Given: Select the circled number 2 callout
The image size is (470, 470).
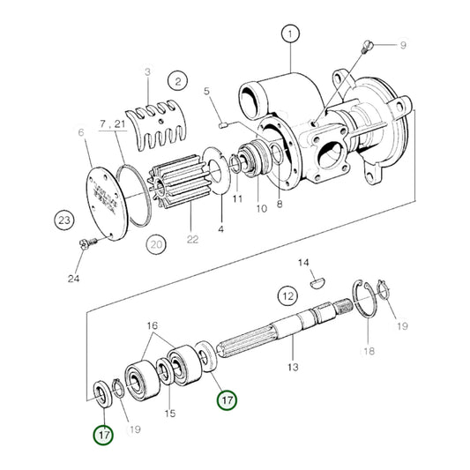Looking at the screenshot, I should click(178, 82).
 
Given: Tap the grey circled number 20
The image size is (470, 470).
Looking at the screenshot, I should click(156, 242).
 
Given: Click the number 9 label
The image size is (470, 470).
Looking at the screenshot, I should click(403, 43).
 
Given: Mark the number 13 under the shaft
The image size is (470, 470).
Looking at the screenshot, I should click(293, 366).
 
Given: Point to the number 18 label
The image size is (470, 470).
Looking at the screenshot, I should click(368, 350).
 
